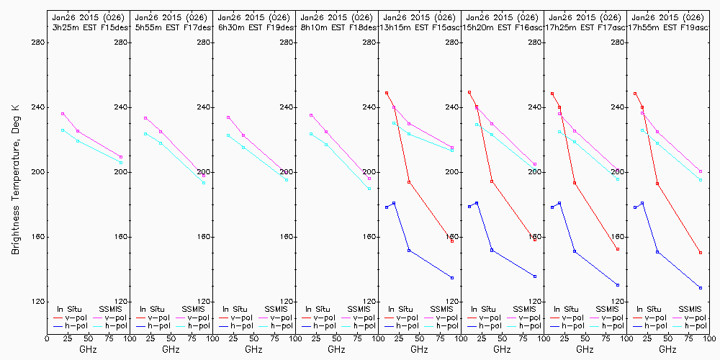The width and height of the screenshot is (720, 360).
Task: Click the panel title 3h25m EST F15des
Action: pos(88,27)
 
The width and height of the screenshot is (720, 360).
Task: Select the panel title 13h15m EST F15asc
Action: pos(419,27)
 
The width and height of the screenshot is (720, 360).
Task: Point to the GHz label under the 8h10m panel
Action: pos(336,349)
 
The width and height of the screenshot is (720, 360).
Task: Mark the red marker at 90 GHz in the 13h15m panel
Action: pos(452,240)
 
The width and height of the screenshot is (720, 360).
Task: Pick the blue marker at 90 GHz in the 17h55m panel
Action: pos(701,288)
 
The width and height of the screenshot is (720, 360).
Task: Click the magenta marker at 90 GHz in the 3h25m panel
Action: pos(121,157)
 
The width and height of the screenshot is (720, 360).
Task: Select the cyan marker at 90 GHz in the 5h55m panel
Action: pos(204,183)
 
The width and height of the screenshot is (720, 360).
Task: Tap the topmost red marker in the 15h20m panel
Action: pos(469,92)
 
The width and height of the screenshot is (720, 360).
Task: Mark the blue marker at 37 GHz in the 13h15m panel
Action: pos(409,251)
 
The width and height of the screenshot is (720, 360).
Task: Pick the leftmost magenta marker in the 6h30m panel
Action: pos(228,117)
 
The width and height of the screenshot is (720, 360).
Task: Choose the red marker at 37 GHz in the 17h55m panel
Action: pos(657,184)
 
